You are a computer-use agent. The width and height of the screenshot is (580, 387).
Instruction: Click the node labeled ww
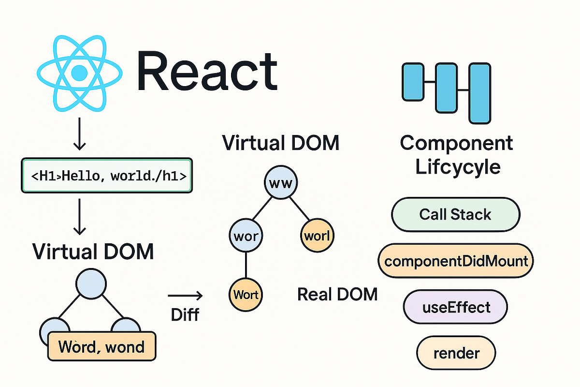pyautogui.click(x=281, y=184)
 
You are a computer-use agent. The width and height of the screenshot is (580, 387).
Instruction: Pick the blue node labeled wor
pyautogui.click(x=246, y=237)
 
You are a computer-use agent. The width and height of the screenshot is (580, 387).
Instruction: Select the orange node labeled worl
pyautogui.click(x=317, y=237)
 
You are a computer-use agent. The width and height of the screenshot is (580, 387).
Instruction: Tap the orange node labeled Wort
pyautogui.click(x=246, y=294)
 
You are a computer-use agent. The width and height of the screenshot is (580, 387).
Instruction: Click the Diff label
pyautogui.click(x=185, y=315)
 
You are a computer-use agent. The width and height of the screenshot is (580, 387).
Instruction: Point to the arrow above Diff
pyautogui.click(x=185, y=295)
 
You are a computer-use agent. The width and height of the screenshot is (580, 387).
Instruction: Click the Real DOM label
pyautogui.click(x=337, y=294)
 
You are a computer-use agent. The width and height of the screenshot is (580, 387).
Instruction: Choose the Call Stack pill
pyautogui.click(x=455, y=214)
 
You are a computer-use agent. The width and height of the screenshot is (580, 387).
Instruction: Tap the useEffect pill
pyautogui.click(x=455, y=307)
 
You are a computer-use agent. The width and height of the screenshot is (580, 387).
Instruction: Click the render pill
pyautogui.click(x=456, y=353)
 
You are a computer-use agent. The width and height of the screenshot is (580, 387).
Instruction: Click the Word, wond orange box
pyautogui.click(x=102, y=346)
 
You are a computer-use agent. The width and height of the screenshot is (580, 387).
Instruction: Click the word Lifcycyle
pyautogui.click(x=457, y=167)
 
